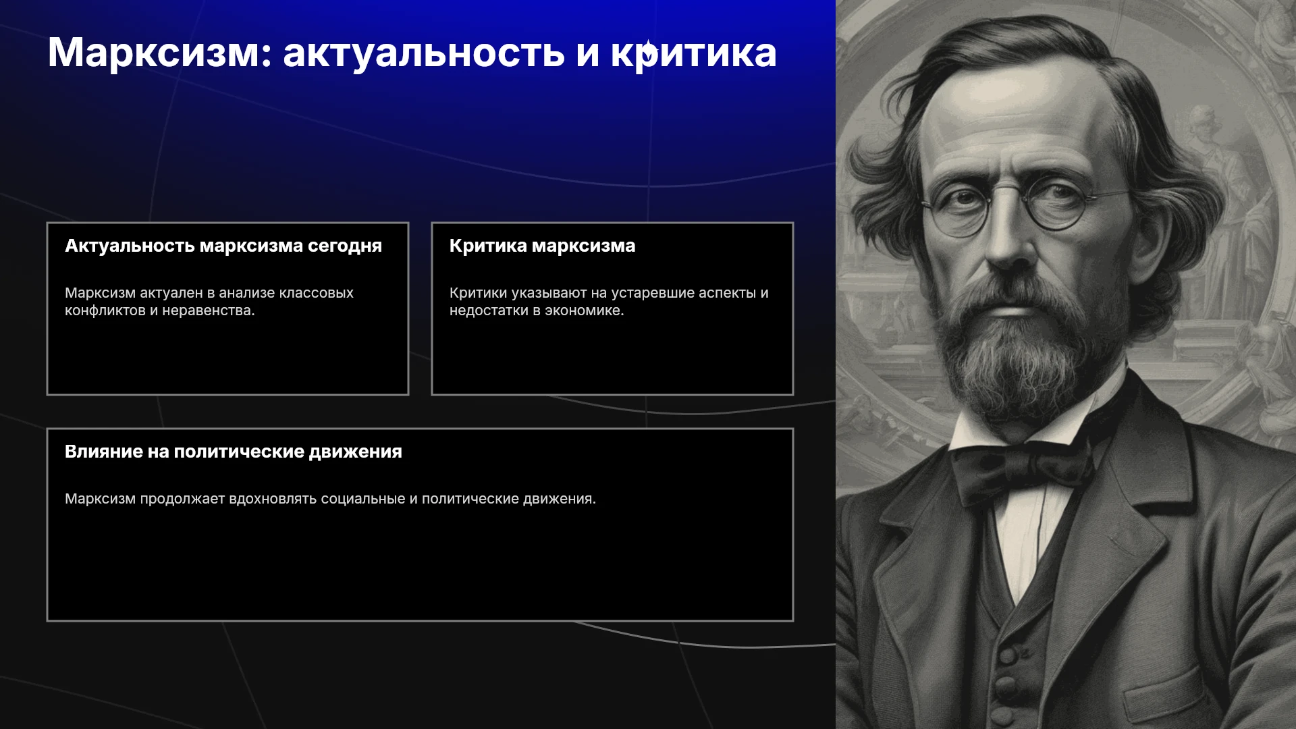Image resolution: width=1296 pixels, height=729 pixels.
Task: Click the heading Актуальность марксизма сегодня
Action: pos(223,246)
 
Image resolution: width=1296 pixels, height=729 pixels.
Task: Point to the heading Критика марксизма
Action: pos(542,246)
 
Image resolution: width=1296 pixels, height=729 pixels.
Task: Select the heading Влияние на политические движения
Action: pos(234,452)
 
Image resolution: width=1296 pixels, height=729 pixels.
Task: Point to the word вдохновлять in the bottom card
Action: pos(273,499)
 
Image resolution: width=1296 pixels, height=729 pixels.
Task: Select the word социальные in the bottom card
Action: pos(363,499)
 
